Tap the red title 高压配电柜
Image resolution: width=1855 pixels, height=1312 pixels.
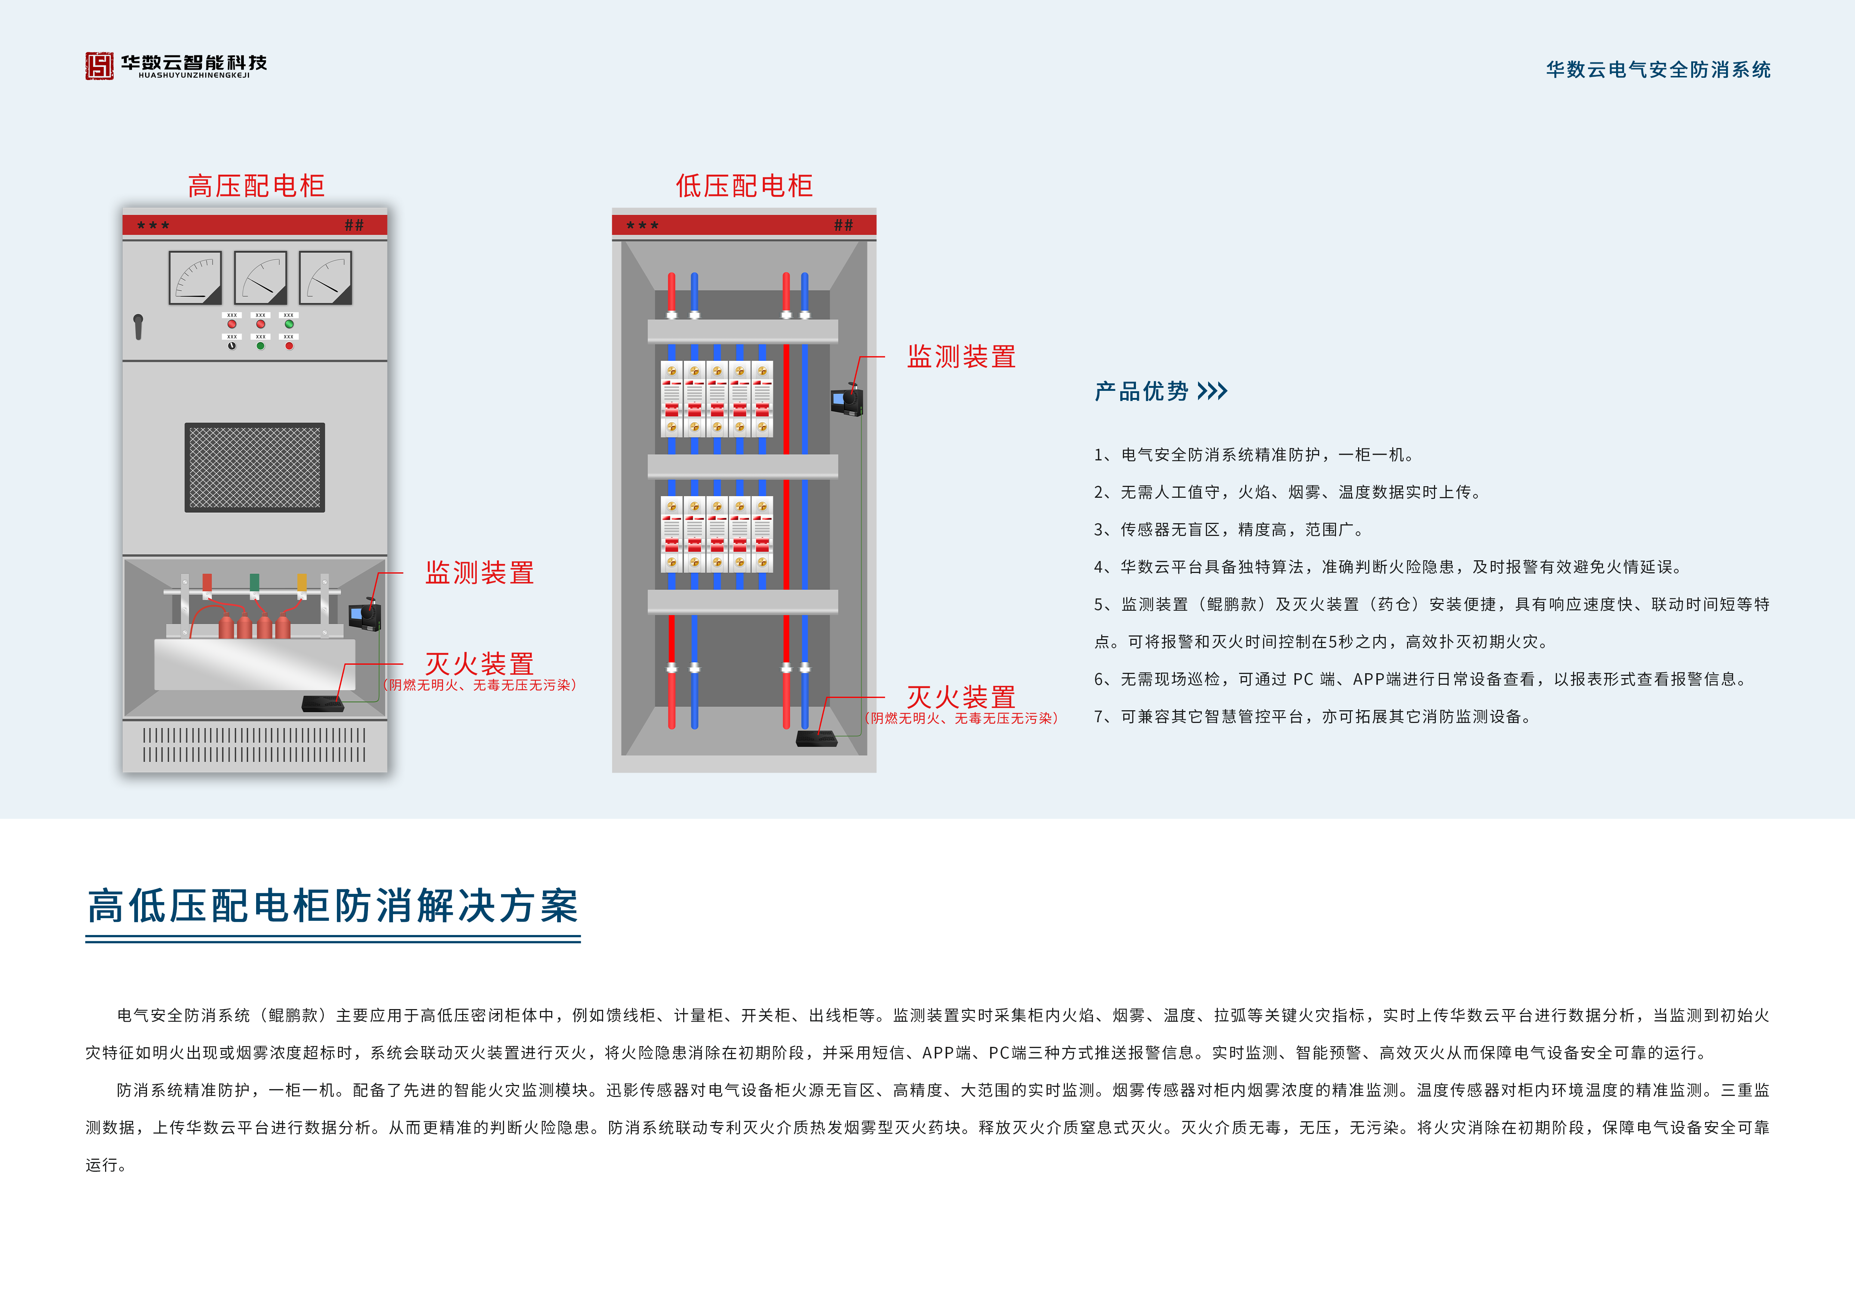(x=256, y=186)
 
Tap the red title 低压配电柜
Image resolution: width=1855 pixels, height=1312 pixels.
(x=744, y=186)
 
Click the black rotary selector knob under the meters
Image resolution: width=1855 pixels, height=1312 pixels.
(x=232, y=346)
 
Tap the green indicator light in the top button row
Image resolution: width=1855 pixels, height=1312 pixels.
(x=288, y=324)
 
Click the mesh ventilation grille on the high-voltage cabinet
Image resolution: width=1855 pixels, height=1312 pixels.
(x=255, y=467)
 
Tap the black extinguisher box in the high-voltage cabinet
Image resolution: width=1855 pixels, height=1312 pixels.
(x=322, y=703)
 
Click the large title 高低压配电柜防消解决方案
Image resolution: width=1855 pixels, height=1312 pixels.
(x=333, y=905)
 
